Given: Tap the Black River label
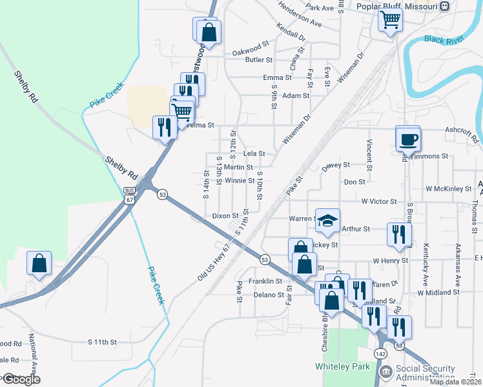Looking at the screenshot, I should (x=444, y=39).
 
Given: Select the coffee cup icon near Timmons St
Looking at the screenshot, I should (x=407, y=139).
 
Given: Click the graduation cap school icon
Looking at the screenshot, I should (x=327, y=221).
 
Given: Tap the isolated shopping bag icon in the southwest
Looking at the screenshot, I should (x=39, y=264).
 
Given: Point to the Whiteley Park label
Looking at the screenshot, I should (x=342, y=366).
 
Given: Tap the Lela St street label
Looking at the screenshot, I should (x=254, y=154).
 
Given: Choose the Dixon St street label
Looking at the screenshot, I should (x=225, y=215).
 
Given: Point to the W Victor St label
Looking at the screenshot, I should (x=379, y=201).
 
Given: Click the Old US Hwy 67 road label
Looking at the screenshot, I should (x=214, y=263).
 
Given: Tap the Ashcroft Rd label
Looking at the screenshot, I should (x=462, y=134).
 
